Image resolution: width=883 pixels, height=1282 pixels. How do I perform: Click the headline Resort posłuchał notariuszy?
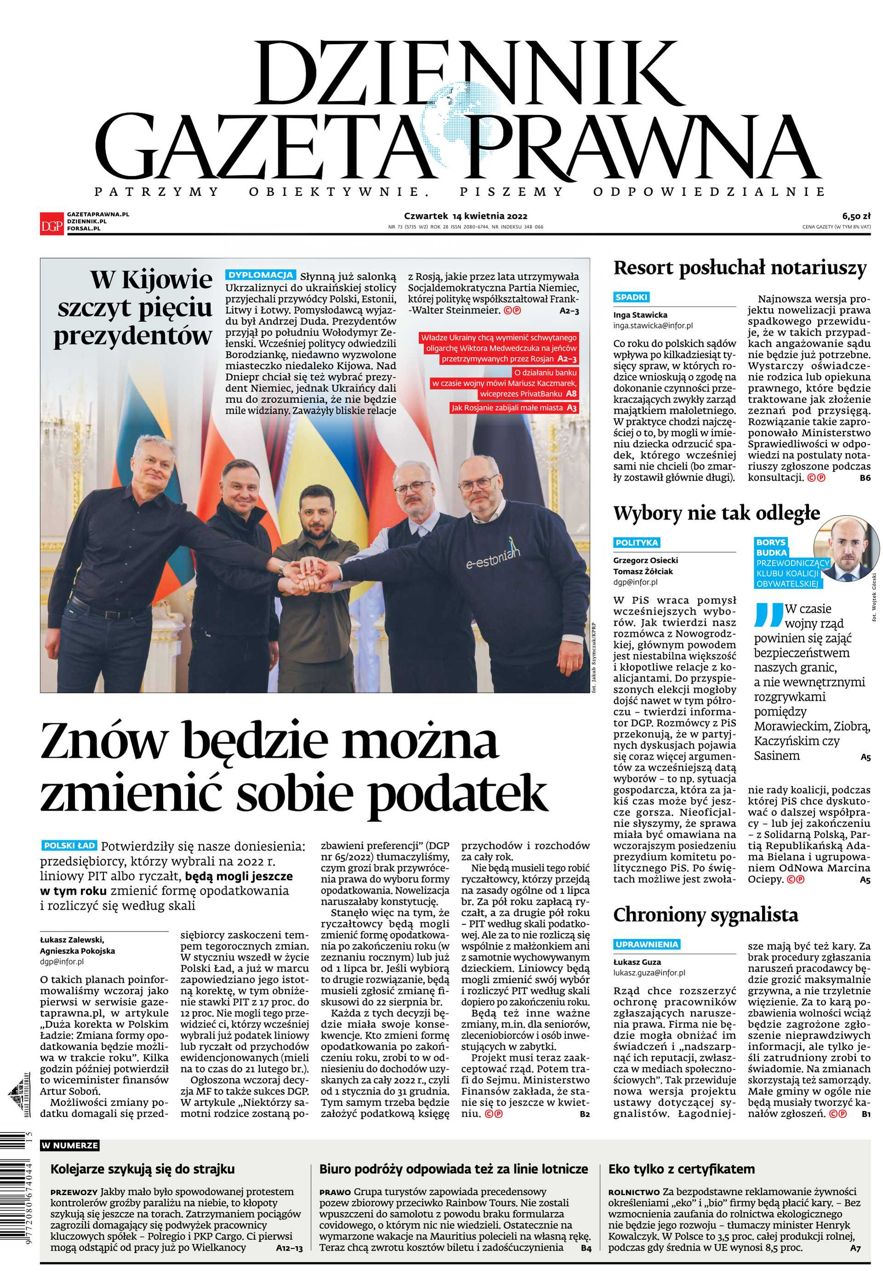740,268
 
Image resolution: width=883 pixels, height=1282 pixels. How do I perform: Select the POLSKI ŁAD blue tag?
69,845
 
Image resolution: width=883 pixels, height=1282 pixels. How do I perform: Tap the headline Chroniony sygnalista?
705,914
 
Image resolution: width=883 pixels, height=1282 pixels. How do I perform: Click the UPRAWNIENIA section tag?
647,944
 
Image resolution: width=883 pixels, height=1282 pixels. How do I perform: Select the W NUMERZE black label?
69,1145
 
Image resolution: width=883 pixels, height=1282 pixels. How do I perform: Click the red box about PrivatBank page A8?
504,383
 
